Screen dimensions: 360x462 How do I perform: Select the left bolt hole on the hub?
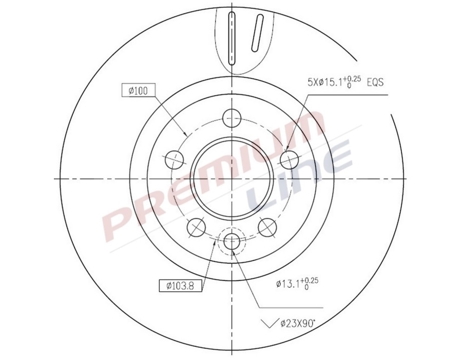[x=174, y=159]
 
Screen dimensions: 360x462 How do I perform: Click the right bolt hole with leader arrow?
[x=290, y=159]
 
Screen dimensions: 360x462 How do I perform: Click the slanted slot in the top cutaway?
[x=257, y=33]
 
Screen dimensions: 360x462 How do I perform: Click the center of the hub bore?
[x=232, y=178]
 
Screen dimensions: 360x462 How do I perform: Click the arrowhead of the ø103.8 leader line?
[x=216, y=243]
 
